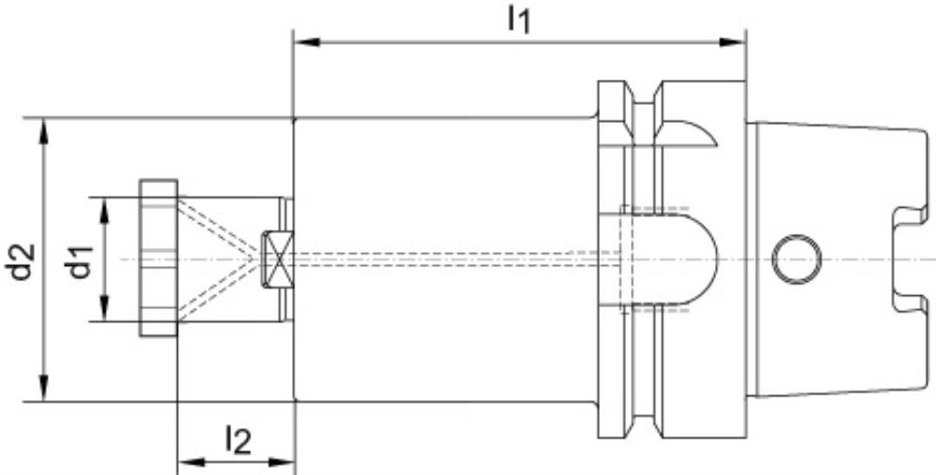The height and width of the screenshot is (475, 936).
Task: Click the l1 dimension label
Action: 519,22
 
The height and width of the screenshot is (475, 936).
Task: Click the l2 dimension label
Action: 238,441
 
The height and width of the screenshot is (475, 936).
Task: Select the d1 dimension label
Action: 81,261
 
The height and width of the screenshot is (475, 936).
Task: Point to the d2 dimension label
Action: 22,261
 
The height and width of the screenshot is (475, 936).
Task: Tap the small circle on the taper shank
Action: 797,260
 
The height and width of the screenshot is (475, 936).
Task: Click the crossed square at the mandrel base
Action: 277,260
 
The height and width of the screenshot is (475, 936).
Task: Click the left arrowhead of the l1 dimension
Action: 307,42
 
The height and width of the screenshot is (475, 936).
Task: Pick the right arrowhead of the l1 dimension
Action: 732,42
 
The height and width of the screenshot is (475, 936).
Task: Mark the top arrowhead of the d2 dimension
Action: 43,131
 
